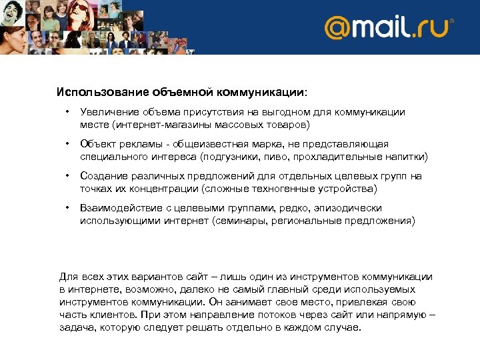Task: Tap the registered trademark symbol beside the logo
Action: click(452, 21)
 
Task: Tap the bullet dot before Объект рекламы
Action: click(67, 144)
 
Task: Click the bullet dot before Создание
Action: click(67, 176)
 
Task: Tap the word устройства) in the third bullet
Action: click(341, 188)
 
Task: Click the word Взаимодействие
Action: click(117, 208)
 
